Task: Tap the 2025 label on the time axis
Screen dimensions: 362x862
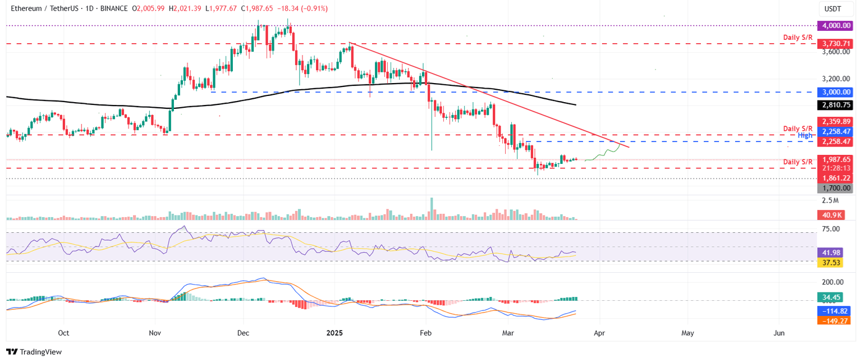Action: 335,333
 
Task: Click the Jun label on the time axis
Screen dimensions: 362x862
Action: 779,333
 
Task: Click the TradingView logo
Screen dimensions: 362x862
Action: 34,352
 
